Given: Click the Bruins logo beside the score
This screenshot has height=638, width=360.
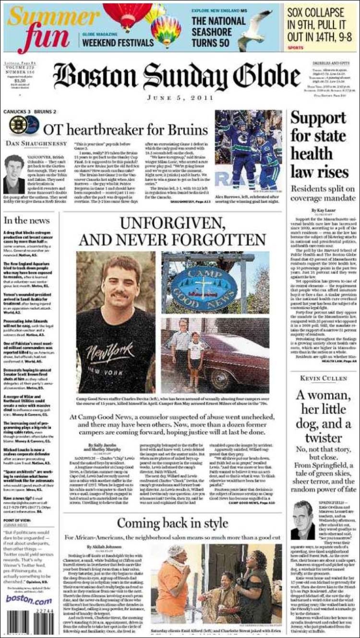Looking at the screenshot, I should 17,125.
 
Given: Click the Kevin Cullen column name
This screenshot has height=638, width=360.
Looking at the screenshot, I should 323,378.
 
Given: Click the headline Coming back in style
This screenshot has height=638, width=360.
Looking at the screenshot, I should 172,523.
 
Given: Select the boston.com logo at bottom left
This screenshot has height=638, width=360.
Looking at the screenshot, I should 29,600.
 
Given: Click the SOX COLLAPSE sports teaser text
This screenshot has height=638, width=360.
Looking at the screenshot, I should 316,24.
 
